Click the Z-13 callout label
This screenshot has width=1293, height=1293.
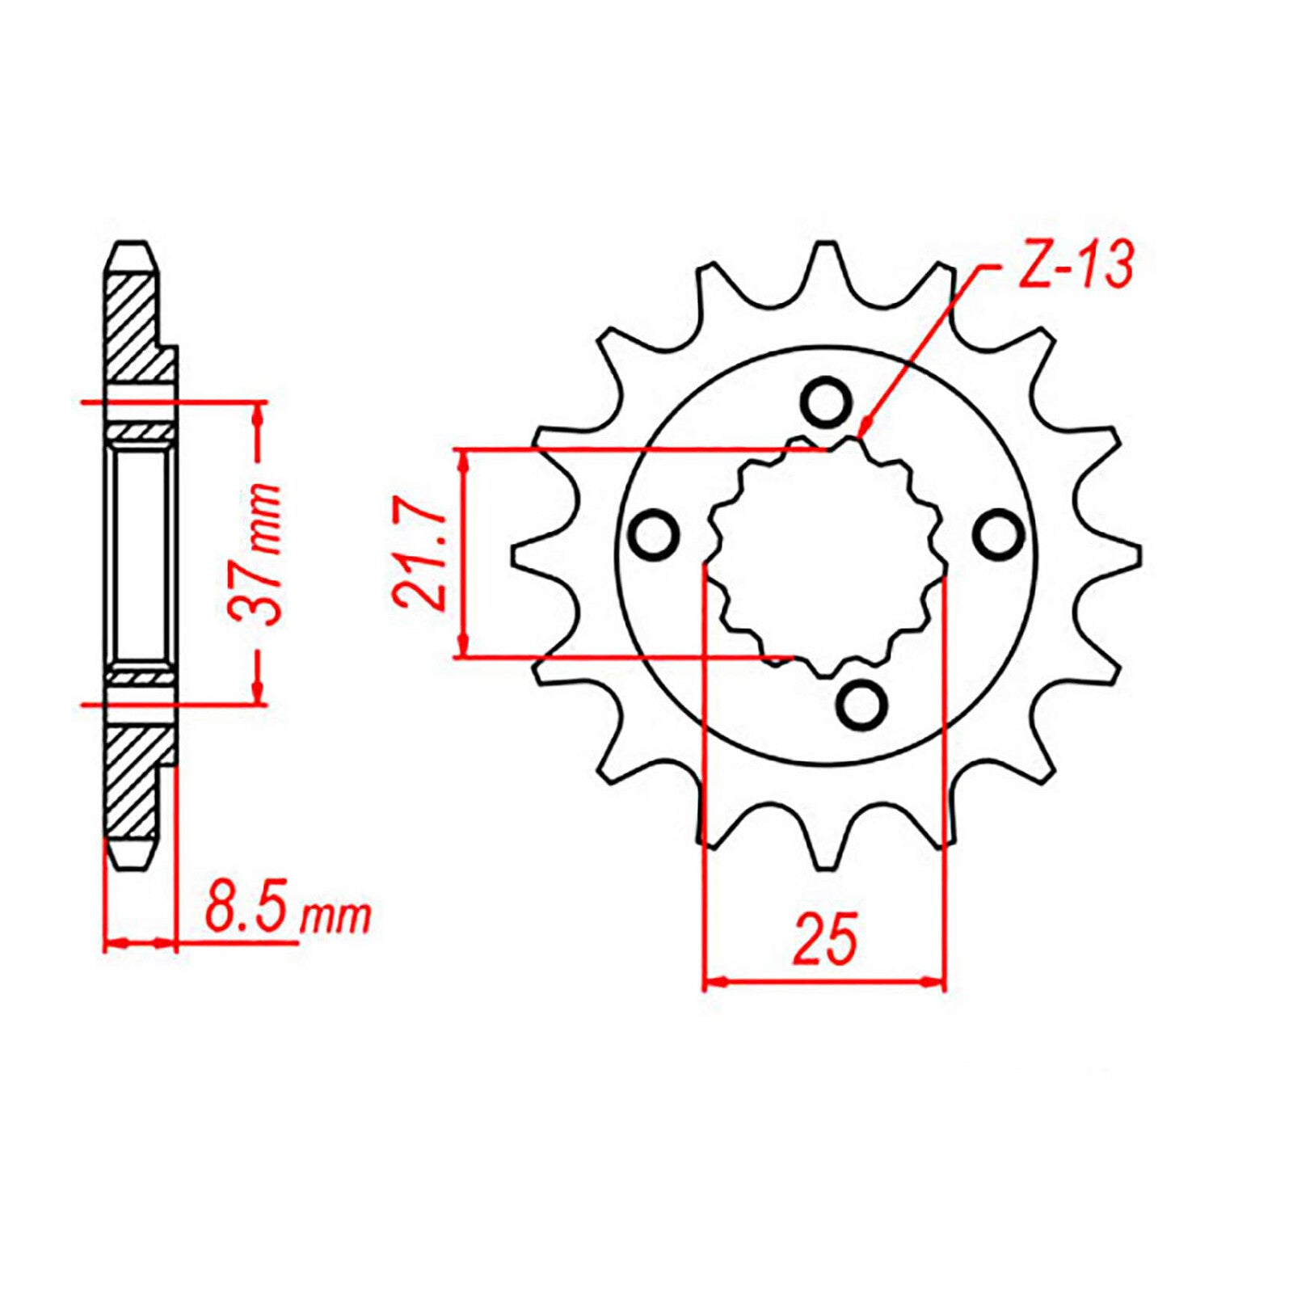(x=1075, y=265)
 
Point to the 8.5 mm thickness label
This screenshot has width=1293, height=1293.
(x=287, y=913)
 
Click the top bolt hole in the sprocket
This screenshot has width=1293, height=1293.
(x=825, y=401)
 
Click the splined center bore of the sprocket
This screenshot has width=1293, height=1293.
(x=826, y=558)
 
